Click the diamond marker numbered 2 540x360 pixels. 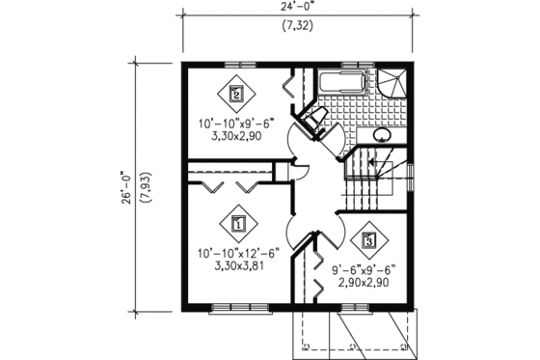[x=236, y=94]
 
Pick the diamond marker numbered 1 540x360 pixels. [x=236, y=223]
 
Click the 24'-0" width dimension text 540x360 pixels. [x=297, y=8]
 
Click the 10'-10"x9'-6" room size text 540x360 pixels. [x=236, y=125]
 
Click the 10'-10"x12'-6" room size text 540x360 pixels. [x=238, y=254]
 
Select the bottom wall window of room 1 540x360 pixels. [x=237, y=309]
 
